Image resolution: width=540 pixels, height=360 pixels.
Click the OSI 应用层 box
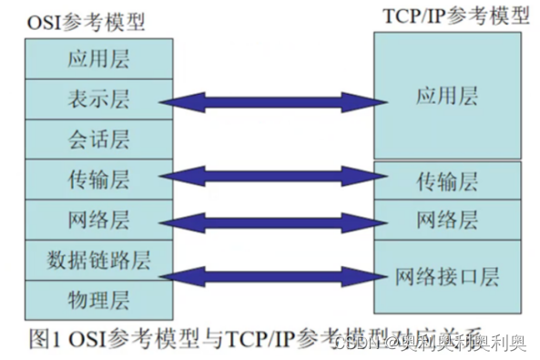point(98,60)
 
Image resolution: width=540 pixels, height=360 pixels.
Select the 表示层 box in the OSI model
point(98,99)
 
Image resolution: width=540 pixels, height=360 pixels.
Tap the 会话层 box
point(98,139)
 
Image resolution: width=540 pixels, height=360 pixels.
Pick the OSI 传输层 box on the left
point(98,179)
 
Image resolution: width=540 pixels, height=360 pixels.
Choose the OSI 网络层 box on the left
point(98,220)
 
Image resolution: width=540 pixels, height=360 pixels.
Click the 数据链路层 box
point(98,261)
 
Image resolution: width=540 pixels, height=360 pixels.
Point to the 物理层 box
point(98,299)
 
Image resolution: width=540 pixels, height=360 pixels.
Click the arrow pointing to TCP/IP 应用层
point(272,99)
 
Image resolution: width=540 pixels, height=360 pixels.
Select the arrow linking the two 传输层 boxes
point(272,176)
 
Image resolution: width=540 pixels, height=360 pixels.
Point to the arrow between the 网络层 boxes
point(272,221)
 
